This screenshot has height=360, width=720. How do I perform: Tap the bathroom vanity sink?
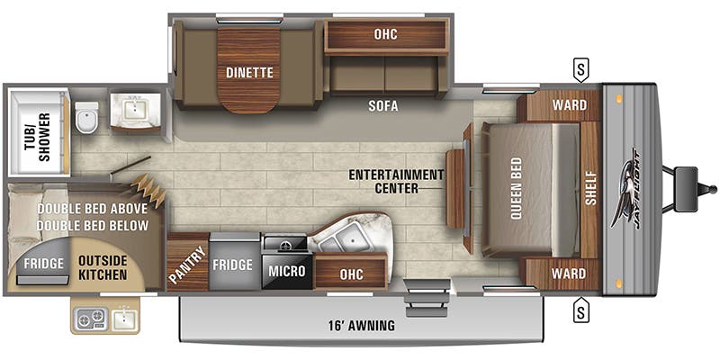coord(135,111)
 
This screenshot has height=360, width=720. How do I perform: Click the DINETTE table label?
coord(249,72)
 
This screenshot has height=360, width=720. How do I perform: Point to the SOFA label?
coord(382,105)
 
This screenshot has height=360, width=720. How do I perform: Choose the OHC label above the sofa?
coord(386,34)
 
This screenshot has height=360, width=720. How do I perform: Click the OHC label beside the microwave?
coord(351,274)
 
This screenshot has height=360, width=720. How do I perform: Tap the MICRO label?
coord(287,271)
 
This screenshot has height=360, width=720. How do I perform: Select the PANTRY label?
coord(186,262)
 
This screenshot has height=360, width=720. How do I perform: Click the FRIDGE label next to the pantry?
coord(232,265)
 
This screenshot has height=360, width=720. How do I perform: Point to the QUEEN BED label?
coord(517,189)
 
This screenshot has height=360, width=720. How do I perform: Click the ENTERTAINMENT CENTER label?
coord(397,181)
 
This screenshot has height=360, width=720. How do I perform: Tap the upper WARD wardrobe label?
coord(570,105)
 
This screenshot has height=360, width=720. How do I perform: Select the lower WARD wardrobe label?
coord(570,273)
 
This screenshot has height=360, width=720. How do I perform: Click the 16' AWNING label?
coord(362,326)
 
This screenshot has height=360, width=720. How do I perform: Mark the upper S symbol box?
coord(582,67)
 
